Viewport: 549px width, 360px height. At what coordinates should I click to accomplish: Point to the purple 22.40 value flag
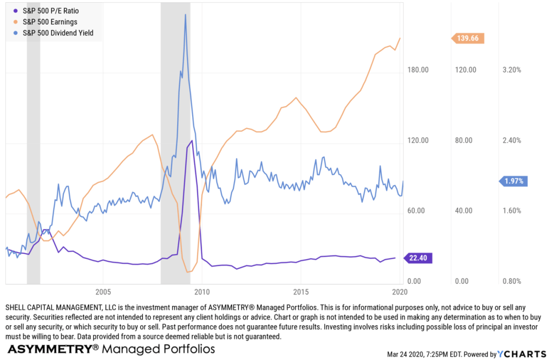click(420, 258)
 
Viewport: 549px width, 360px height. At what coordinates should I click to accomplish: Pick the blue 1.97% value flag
click(514, 181)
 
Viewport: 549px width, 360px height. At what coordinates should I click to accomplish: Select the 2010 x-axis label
click(202, 292)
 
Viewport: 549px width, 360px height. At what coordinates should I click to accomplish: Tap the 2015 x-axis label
click(301, 292)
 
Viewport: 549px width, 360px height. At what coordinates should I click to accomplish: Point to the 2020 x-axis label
click(399, 292)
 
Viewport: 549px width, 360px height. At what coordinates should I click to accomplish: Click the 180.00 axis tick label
click(418, 70)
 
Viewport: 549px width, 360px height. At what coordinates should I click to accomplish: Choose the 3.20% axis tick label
click(511, 70)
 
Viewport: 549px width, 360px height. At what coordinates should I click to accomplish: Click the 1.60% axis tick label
click(511, 211)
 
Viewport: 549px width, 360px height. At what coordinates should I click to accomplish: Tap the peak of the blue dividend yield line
click(185, 14)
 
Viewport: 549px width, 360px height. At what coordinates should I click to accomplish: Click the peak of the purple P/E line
click(191, 141)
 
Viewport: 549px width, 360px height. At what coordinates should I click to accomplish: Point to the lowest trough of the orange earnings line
click(187, 272)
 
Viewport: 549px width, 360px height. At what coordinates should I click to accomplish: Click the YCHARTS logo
click(523, 354)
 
